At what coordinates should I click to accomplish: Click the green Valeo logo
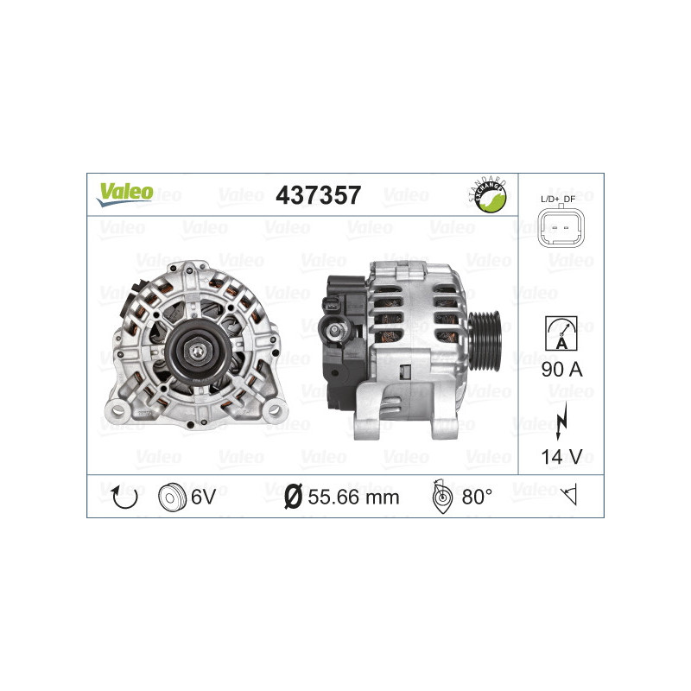point(125,193)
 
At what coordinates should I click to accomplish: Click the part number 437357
point(317,195)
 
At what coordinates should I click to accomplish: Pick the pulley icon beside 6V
point(173,496)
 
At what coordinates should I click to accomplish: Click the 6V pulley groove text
point(205,497)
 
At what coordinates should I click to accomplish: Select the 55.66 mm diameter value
point(355,497)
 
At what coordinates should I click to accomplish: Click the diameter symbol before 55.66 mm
point(292,497)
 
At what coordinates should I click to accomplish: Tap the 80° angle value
point(477,497)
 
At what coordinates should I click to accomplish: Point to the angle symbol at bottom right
point(569,496)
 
